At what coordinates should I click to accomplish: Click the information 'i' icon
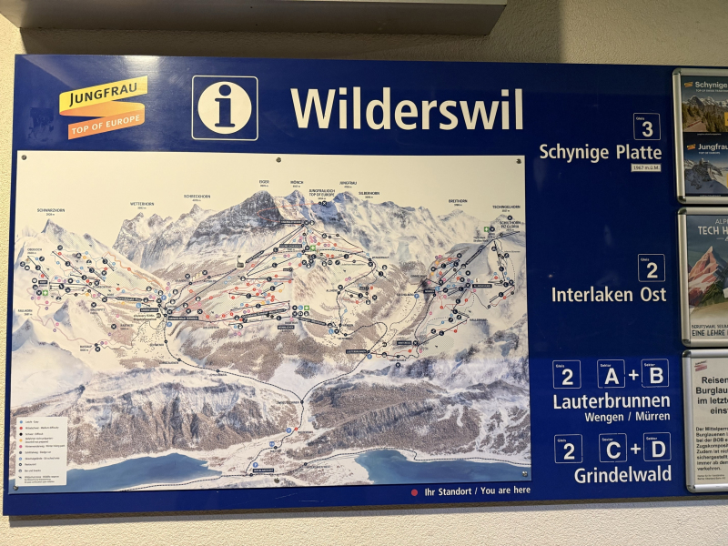224,107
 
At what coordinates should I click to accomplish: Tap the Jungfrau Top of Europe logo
103,106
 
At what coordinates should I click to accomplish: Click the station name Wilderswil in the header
407,109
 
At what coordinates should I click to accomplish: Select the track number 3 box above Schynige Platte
646,126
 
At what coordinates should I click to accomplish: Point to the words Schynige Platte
600,151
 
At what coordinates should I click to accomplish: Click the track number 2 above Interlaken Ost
651,267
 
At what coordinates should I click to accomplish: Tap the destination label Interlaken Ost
608,294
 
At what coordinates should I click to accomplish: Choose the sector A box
611,373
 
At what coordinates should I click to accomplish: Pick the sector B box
654,373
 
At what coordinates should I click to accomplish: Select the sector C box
612,448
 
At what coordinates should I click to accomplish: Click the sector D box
655,448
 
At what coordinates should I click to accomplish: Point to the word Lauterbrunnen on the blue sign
611,400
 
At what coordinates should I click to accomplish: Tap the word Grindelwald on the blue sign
622,474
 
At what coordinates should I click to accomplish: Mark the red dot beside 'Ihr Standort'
414,492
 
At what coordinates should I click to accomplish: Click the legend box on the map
41,450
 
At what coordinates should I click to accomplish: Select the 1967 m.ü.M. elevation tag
645,167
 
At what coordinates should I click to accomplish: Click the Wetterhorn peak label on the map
142,205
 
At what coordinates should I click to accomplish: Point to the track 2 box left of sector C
568,448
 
